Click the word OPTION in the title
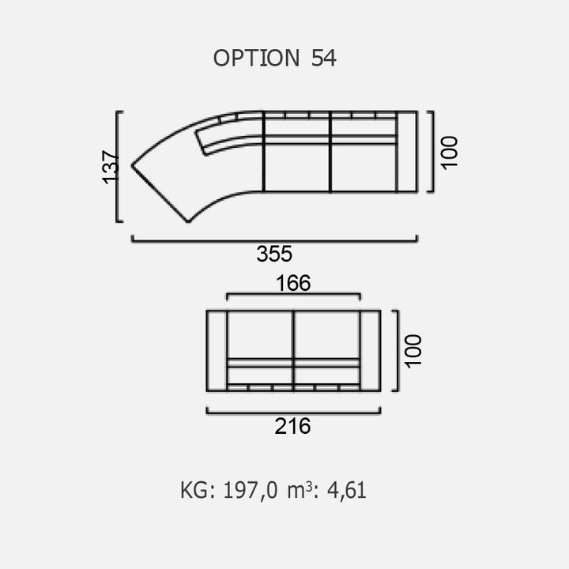(256, 58)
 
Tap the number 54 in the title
(324, 58)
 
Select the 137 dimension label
(111, 167)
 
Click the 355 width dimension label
(274, 254)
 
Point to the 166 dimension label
(293, 283)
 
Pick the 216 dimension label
(292, 426)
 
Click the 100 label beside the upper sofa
(449, 153)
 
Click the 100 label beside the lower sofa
(413, 351)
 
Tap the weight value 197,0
(251, 490)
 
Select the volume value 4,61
(347, 490)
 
